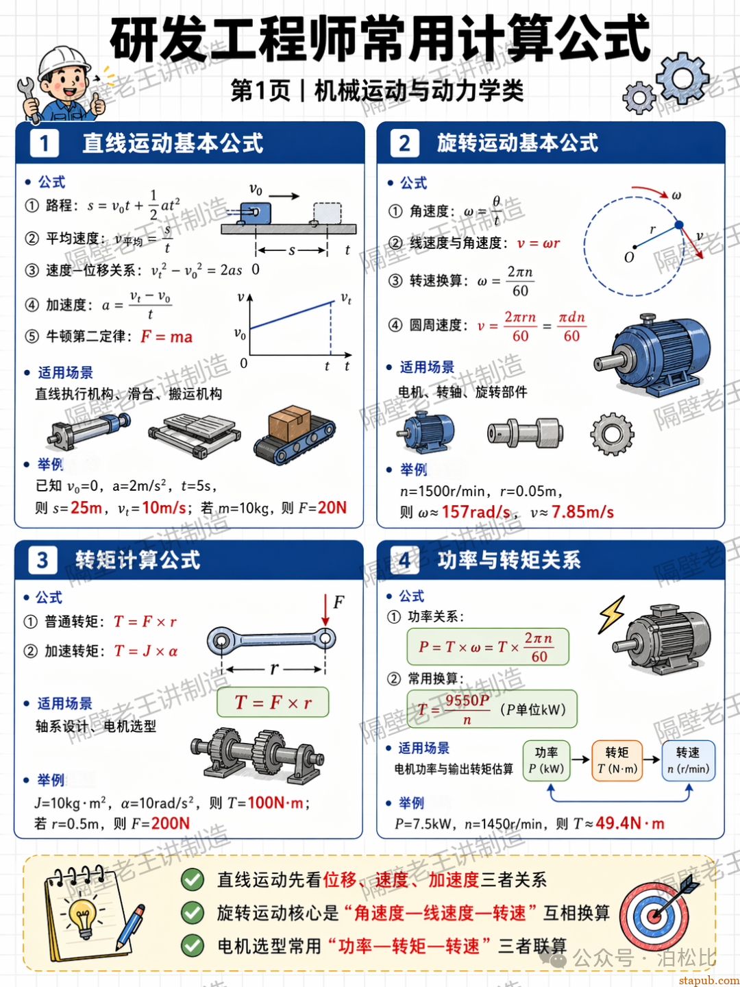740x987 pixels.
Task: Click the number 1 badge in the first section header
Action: coord(44,143)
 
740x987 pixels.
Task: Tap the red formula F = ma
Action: coord(166,337)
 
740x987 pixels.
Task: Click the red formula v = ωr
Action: coord(539,243)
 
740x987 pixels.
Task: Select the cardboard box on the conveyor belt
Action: coord(290,423)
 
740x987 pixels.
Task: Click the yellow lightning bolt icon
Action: coord(611,615)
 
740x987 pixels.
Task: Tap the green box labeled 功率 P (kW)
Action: coord(546,761)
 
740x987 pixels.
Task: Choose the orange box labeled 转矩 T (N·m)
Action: coord(617,761)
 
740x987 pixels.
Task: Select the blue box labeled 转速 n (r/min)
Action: coord(689,761)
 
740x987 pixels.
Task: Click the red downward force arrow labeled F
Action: coord(325,609)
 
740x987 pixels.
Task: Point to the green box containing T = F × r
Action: coord(273,702)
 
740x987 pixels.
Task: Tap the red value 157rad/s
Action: coord(476,512)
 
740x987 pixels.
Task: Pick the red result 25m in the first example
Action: coord(86,508)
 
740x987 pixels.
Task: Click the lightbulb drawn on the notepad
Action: coord(83,917)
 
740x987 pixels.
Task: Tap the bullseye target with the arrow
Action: coord(654,916)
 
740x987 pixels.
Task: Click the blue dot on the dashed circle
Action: coord(679,225)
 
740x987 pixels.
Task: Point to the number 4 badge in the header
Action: coord(404,560)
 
